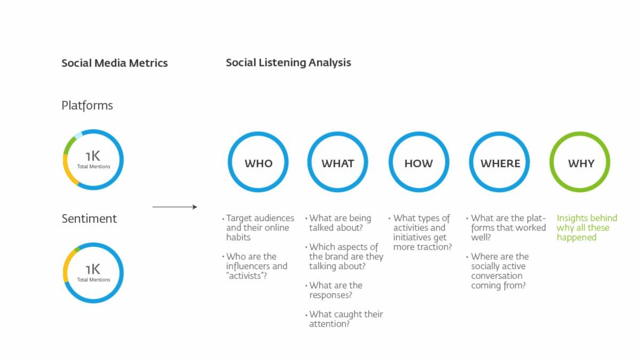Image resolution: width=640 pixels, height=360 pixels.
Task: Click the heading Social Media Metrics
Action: pyautogui.click(x=114, y=63)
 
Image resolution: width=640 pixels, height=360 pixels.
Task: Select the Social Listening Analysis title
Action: pyautogui.click(x=288, y=62)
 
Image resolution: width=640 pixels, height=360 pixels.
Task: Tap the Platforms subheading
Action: pyautogui.click(x=87, y=105)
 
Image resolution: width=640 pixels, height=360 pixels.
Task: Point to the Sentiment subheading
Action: pyautogui.click(x=89, y=218)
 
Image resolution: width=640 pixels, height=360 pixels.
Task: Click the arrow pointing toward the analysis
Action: pyautogui.click(x=175, y=207)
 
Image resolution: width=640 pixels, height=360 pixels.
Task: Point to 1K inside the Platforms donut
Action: pyautogui.click(x=93, y=156)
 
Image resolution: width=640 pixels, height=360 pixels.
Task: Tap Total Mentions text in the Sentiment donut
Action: pyautogui.click(x=93, y=280)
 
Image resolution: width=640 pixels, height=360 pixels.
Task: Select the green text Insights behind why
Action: pyautogui.click(x=586, y=228)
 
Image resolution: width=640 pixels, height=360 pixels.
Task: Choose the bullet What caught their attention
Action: pyautogui.click(x=345, y=319)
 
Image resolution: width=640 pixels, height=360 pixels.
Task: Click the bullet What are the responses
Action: pyautogui.click(x=335, y=290)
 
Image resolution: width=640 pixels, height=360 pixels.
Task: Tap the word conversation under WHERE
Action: pyautogui.click(x=496, y=276)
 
